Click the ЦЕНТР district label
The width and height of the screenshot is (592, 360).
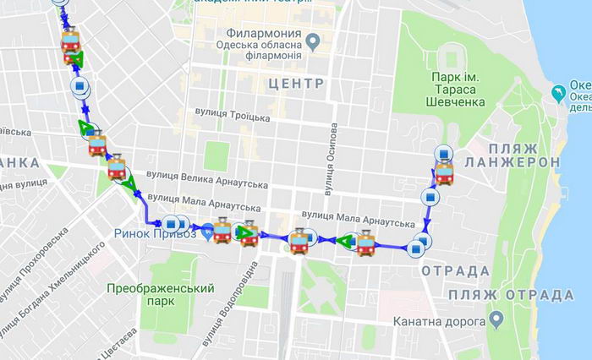click(x=293, y=84)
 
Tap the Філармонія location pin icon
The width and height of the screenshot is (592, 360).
click(x=312, y=38)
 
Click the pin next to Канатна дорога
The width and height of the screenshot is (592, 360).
click(x=497, y=320)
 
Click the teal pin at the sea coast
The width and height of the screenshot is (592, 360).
click(x=558, y=90)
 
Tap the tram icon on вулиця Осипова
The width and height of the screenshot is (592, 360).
click(x=299, y=242)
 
